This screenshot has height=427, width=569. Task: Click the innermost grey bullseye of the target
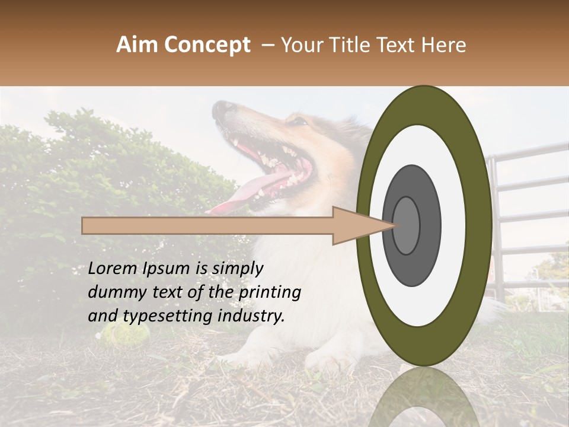tap(406, 225)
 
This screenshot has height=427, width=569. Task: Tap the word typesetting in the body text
tap(158, 316)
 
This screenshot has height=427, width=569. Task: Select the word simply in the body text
tap(238, 269)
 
